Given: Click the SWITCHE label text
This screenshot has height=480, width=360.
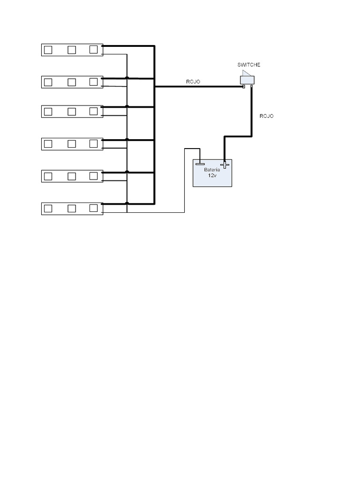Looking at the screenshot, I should (x=248, y=65).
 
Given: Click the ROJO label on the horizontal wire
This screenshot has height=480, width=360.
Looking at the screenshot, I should (x=193, y=82).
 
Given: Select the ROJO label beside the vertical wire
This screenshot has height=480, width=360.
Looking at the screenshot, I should (x=266, y=116).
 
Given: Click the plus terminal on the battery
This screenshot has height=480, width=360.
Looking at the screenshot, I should (x=225, y=164).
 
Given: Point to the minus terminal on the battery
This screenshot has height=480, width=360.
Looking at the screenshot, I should (x=200, y=164).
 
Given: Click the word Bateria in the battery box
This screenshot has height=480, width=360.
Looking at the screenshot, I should (x=212, y=170).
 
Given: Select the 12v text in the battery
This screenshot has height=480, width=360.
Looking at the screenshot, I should (x=212, y=175).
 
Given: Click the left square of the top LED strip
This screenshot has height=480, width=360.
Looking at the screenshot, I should (x=48, y=50).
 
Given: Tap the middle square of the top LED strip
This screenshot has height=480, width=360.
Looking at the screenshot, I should (x=72, y=50).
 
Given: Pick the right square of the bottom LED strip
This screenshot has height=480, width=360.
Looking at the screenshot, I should (x=93, y=208).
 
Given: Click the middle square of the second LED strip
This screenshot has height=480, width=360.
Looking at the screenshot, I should (x=72, y=82).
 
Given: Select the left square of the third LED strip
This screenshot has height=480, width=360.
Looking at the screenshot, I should (x=48, y=112).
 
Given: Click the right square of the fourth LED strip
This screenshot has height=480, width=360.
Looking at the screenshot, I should (x=93, y=143).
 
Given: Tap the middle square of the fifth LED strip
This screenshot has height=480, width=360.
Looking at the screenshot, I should (x=72, y=176).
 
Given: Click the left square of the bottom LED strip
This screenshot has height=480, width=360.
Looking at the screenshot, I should (x=48, y=209).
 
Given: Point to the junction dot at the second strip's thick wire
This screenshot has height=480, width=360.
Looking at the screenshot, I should (x=127, y=78).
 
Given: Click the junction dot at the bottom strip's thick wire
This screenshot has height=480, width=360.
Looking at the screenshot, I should (x=127, y=203).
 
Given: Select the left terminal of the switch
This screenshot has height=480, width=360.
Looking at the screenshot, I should (x=243, y=87).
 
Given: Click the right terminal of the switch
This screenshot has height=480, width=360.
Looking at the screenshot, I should (x=252, y=86).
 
